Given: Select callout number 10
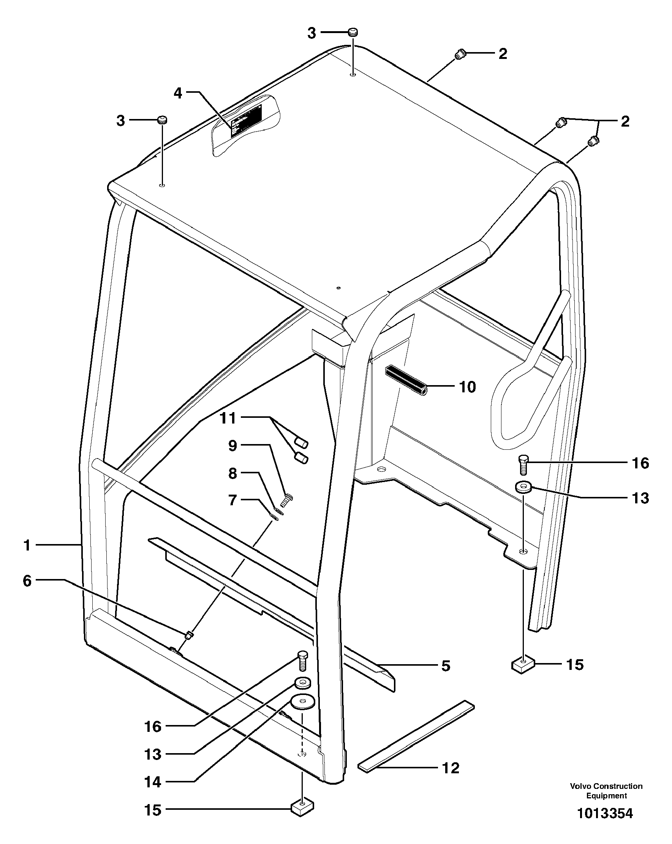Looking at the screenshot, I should click(x=467, y=387).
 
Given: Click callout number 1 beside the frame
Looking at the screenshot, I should click(x=27, y=545).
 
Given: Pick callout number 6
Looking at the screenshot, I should click(x=27, y=581).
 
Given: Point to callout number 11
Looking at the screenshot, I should click(x=228, y=418).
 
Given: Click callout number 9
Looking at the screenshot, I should click(x=233, y=446).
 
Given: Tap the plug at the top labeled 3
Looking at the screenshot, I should click(x=353, y=32).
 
